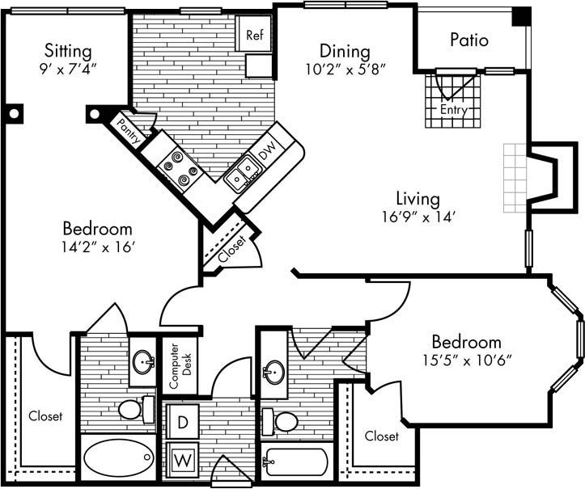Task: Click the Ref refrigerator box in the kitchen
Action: [254, 35]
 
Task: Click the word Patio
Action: [469, 40]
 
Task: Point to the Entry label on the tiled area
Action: [454, 108]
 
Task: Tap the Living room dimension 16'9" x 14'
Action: [418, 216]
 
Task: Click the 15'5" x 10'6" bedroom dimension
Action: [465, 360]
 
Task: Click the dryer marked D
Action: [182, 421]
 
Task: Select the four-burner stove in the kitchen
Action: [180, 167]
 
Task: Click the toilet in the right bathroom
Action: [282, 421]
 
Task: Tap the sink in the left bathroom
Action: [143, 361]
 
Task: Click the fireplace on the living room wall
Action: [542, 178]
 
